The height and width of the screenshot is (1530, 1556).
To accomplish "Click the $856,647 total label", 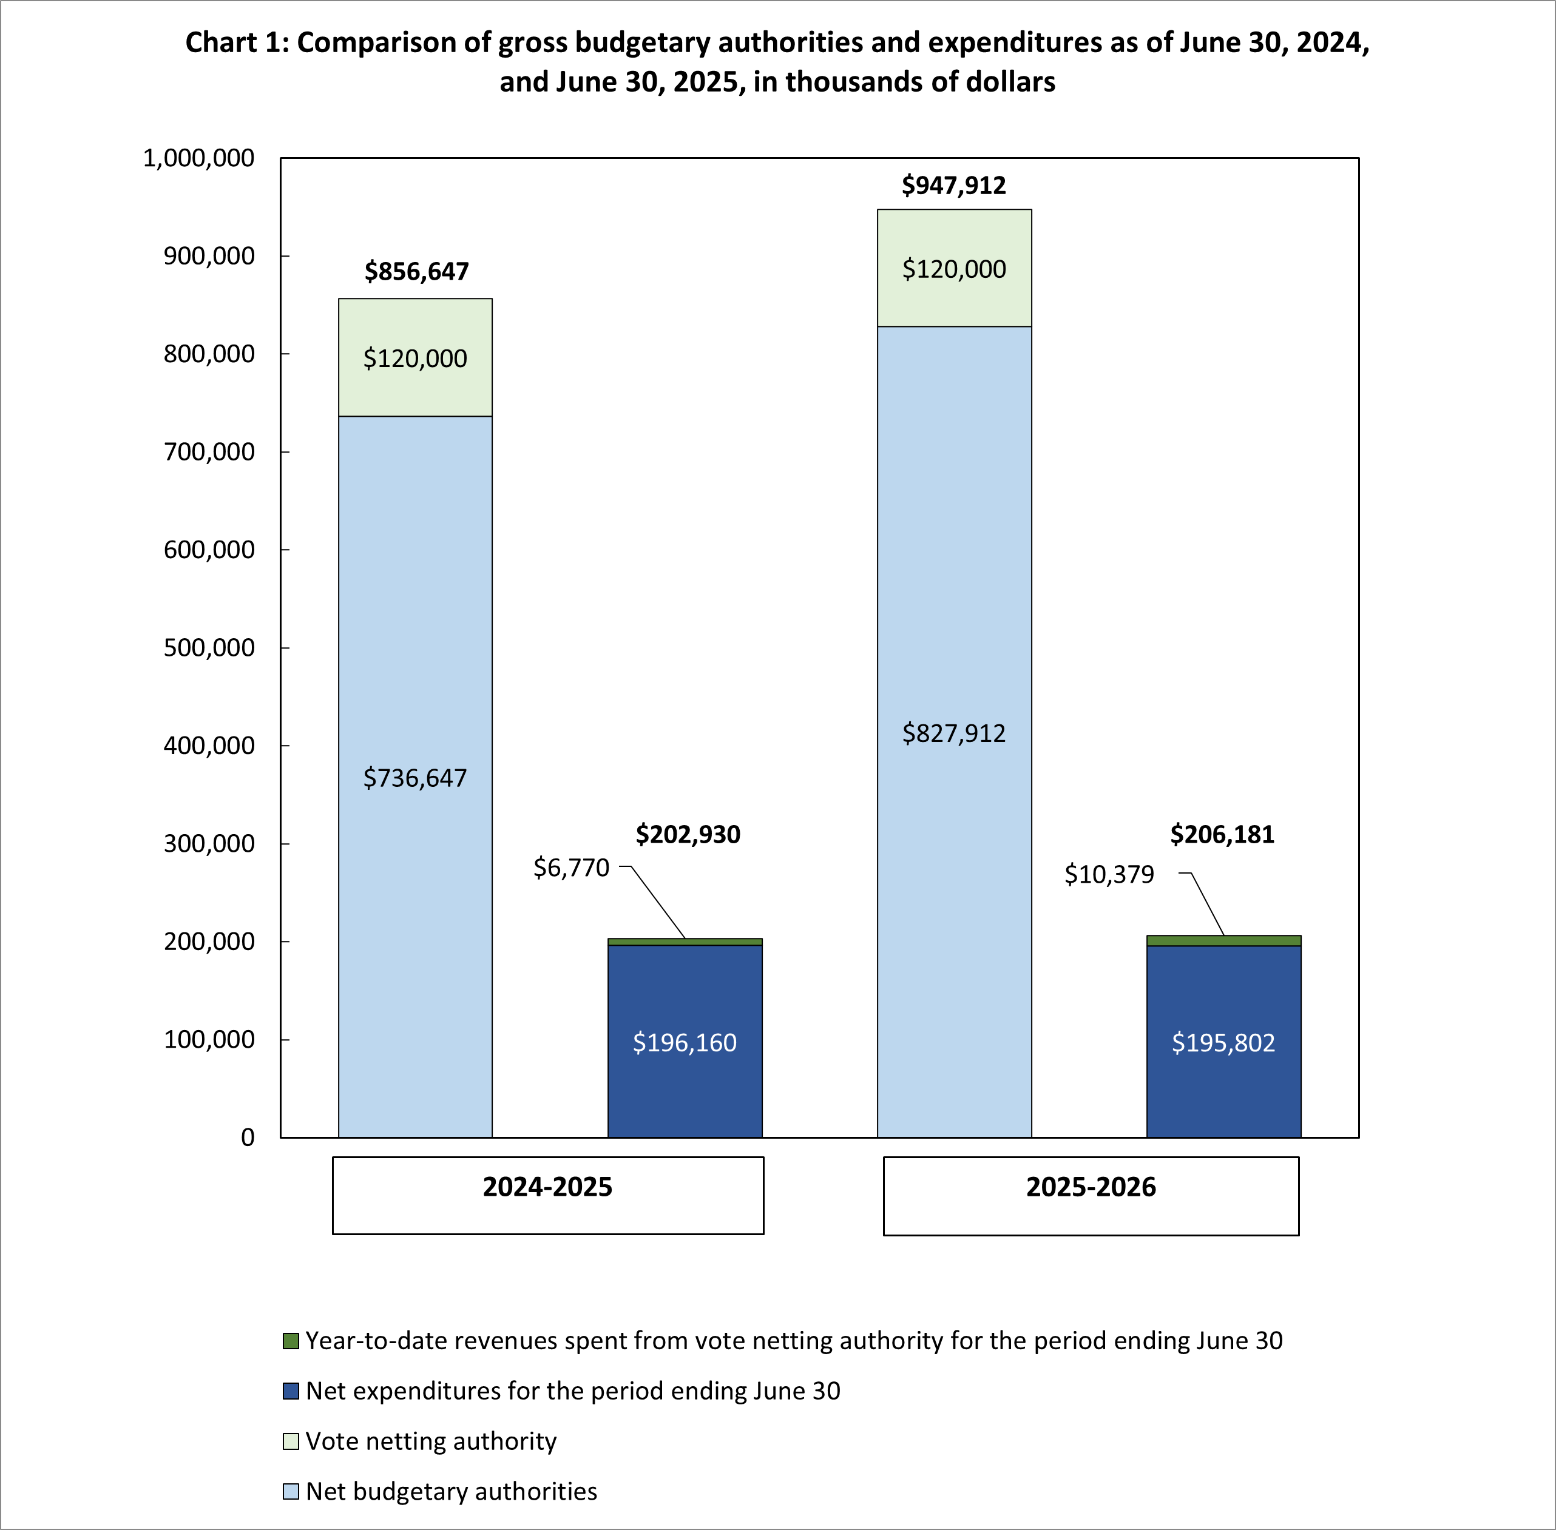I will pos(416,272).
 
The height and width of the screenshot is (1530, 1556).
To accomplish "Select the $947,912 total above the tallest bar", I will pos(953,186).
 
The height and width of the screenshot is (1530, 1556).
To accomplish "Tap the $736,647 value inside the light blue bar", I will pos(414,778).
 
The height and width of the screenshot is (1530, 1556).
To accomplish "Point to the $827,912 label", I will pos(953,733).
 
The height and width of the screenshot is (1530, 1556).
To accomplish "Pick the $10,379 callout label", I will pos(1109,874).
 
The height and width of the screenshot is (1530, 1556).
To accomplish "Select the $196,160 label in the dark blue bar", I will pos(684,1042).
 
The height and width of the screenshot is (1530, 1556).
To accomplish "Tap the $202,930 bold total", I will pos(688,834).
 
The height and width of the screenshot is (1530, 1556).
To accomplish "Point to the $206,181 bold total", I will pos(1222,834).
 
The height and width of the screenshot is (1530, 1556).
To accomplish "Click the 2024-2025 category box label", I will pos(547,1187).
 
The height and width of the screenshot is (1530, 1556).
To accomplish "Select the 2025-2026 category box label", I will pos(1091,1187).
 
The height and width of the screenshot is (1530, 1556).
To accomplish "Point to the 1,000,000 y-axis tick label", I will pos(198,158).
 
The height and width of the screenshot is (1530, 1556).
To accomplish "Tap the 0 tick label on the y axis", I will pos(248,1137).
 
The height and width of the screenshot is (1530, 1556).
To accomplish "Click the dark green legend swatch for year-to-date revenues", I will pos(291,1340).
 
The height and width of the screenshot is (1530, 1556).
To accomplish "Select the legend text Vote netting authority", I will pos(431,1441).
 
